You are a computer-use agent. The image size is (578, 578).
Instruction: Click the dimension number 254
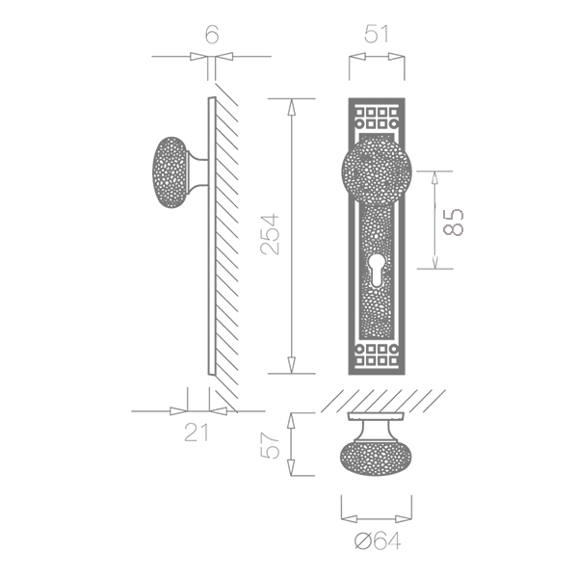[x=270, y=234]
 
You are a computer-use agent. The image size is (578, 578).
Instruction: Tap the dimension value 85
[x=453, y=223]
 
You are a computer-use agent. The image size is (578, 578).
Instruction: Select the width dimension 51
[x=377, y=35]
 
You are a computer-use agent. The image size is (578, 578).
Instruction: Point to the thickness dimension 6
[x=212, y=35]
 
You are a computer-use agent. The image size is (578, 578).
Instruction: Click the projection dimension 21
[x=197, y=433]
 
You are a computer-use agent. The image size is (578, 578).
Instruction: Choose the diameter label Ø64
[x=377, y=541]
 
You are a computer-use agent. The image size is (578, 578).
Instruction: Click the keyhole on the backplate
[x=377, y=272]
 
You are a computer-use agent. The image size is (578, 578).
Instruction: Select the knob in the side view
[x=170, y=172]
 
